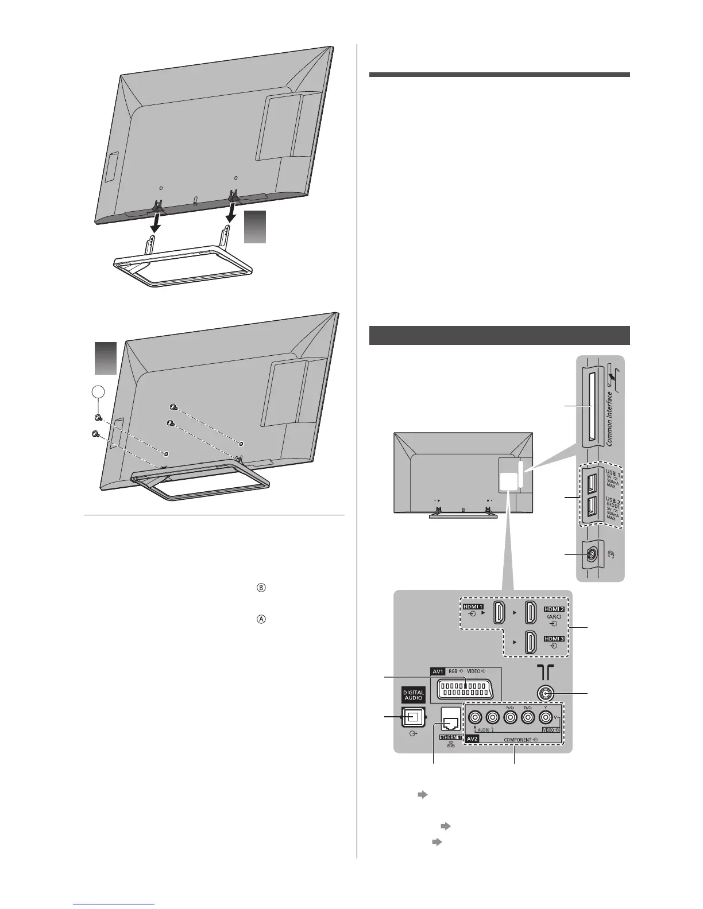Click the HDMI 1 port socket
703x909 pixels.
(x=500, y=612)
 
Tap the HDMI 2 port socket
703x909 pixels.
(x=531, y=612)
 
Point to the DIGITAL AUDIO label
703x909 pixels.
(x=413, y=696)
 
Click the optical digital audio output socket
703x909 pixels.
(x=413, y=717)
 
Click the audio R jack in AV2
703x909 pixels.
(x=474, y=717)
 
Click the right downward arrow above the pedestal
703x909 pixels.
(x=231, y=213)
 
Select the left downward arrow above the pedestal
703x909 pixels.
(x=155, y=219)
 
